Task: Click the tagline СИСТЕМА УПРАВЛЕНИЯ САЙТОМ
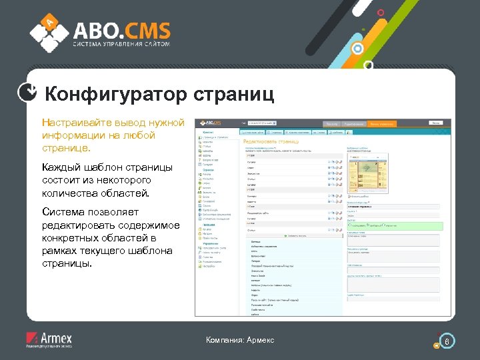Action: coord(121,45)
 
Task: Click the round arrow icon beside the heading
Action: coord(27,94)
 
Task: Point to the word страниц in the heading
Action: coord(234,95)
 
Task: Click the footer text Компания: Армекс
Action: coord(240,341)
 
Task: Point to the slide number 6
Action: coord(447,342)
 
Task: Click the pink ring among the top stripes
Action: coord(381,13)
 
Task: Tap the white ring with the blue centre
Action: coord(357,49)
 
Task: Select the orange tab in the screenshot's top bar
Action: coord(383,124)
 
